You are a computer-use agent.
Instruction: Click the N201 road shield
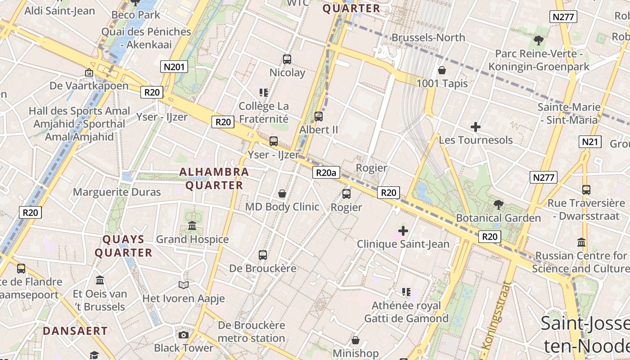click(174, 67)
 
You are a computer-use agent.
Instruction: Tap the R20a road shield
click(326, 172)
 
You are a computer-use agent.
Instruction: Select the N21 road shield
click(591, 142)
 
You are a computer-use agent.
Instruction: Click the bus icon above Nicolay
click(287, 59)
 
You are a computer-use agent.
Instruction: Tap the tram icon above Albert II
click(319, 117)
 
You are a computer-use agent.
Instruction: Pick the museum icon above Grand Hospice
click(193, 225)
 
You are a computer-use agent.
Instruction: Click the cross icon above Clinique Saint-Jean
click(403, 231)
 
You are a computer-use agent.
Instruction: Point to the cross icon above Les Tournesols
click(475, 127)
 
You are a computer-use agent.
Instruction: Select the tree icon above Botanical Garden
click(498, 205)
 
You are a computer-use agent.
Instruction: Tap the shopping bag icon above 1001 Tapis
click(442, 70)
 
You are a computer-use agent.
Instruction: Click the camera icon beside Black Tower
click(183, 335)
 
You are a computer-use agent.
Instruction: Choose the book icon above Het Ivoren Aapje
click(184, 285)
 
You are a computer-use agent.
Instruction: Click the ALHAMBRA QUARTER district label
click(214, 178)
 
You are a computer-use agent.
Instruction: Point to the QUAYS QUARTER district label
click(123, 246)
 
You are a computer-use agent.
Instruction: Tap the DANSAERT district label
click(75, 331)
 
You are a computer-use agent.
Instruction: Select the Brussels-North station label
click(428, 37)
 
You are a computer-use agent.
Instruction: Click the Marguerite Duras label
click(117, 192)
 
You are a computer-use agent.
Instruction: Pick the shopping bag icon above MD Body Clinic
click(282, 193)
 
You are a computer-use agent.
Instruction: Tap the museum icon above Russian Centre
click(581, 242)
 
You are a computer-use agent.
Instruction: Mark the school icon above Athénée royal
click(406, 292)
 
